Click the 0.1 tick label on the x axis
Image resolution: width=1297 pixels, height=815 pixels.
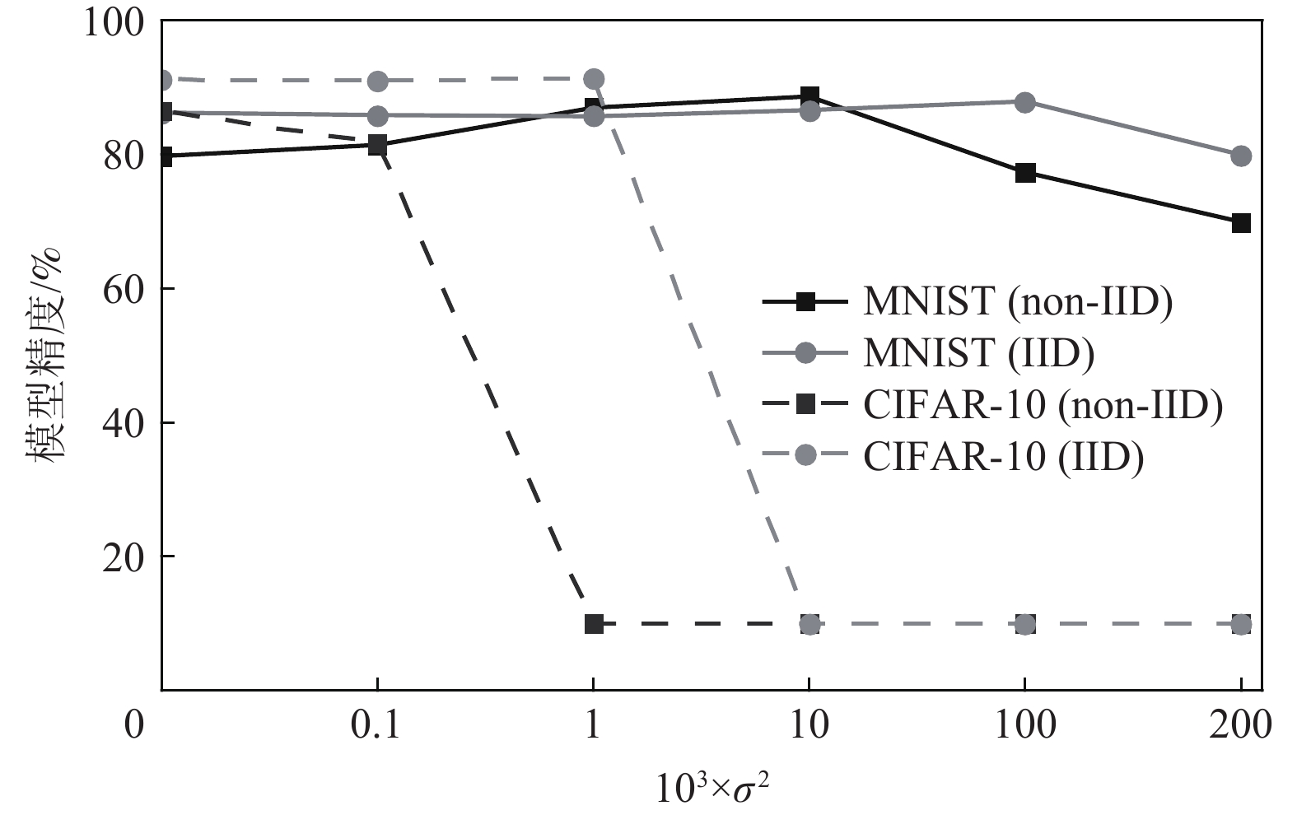(x=376, y=725)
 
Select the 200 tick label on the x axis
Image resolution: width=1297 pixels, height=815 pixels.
(x=1240, y=725)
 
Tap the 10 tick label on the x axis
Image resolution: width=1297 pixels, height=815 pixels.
(x=809, y=725)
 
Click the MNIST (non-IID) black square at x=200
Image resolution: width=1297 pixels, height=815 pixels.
(x=1241, y=223)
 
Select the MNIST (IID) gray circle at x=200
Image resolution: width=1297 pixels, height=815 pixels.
(x=1241, y=156)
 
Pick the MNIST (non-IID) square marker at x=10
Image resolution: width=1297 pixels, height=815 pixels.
(x=809, y=96)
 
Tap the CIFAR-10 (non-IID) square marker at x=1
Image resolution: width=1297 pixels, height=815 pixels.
(x=594, y=624)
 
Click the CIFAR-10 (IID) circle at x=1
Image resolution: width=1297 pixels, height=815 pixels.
(x=594, y=80)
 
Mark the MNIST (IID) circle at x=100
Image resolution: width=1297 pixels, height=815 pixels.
(x=1025, y=103)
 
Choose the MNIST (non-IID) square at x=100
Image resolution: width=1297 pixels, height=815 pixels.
(x=1025, y=173)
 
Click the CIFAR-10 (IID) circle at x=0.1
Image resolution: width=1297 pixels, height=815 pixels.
(x=377, y=81)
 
